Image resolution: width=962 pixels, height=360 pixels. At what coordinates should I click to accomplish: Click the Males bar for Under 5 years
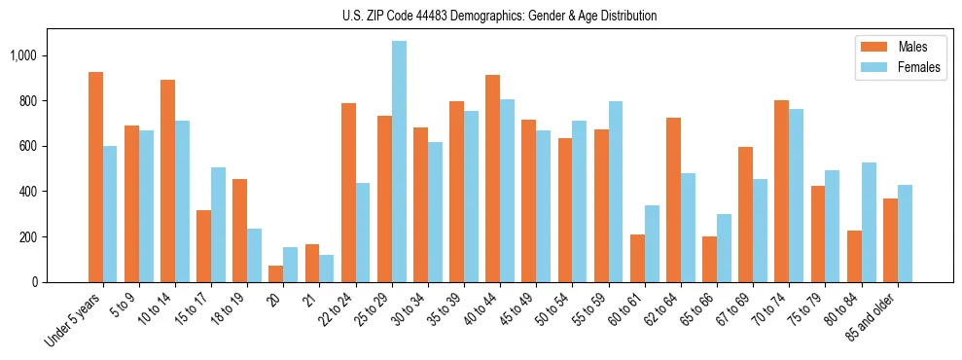[x=95, y=177]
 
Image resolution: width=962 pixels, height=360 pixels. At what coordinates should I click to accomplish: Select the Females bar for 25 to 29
[x=399, y=162]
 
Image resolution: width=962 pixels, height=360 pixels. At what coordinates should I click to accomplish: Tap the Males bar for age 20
[x=276, y=273]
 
